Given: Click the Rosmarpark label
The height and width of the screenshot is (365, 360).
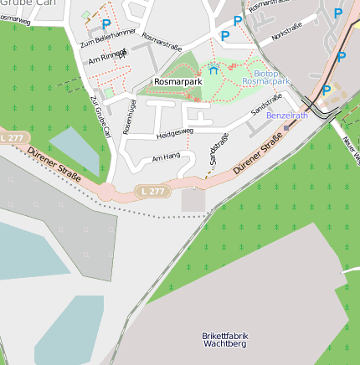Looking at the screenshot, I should click(177, 81).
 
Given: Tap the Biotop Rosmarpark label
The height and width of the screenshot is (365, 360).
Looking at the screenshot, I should click(265, 77).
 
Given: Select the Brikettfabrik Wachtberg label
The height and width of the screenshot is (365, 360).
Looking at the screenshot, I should click(225, 340).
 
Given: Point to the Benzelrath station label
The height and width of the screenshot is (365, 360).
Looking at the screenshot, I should click(287, 116).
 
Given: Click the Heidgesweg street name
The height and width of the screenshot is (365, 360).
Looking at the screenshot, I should click(174, 131).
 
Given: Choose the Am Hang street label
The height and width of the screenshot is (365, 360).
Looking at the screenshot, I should click(166, 157).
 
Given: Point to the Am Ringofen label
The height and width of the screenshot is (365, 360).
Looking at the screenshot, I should click(107, 55).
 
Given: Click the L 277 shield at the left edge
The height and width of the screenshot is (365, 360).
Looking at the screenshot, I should click(13, 137).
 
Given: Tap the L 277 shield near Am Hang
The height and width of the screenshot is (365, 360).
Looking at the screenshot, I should click(153, 192).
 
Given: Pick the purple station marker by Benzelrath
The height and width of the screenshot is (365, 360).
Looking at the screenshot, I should click(286, 127).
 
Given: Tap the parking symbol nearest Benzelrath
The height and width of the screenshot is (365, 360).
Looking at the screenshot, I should click(327, 90).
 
